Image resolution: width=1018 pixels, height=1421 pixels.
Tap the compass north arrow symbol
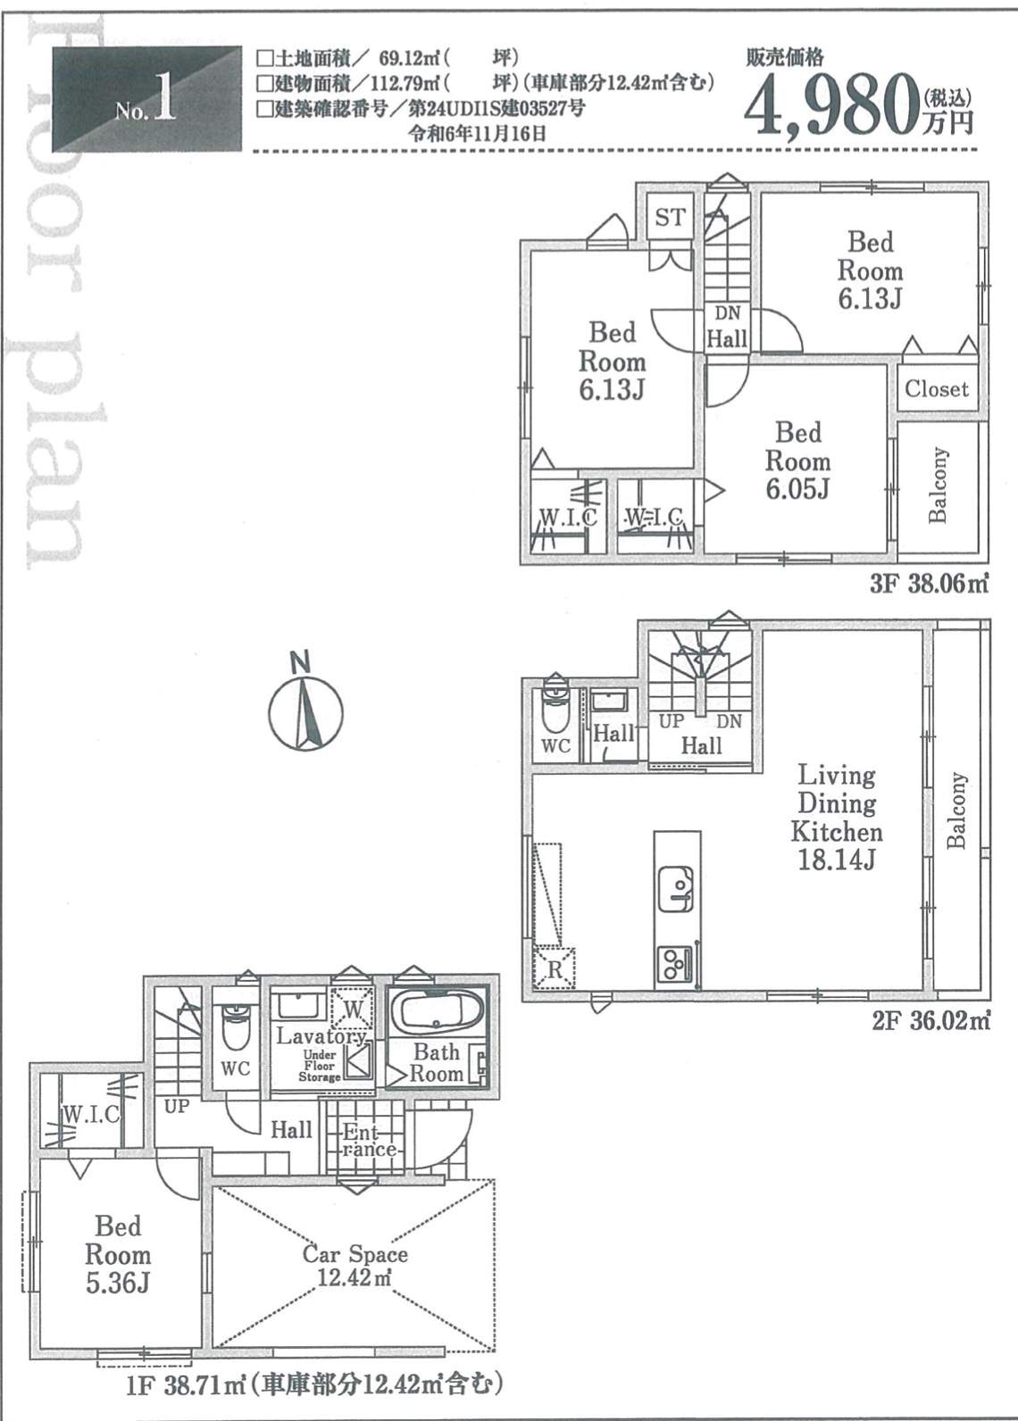coord(305,711)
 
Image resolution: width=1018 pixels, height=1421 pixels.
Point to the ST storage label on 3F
coord(671,218)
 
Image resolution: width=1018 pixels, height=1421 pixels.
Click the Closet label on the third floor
coord(936,388)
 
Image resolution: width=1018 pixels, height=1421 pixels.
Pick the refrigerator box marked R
coord(555,968)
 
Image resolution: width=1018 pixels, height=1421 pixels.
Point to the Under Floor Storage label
coord(320,1066)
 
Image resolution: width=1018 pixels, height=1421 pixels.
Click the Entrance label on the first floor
coord(369,1142)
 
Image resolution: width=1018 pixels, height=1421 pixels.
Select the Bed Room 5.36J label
coord(118,1256)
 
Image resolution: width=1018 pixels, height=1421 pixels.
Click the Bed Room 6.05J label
coord(797,461)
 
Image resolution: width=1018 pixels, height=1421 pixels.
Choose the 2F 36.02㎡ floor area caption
coord(930,1021)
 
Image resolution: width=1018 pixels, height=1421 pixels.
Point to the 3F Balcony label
coord(938,486)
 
